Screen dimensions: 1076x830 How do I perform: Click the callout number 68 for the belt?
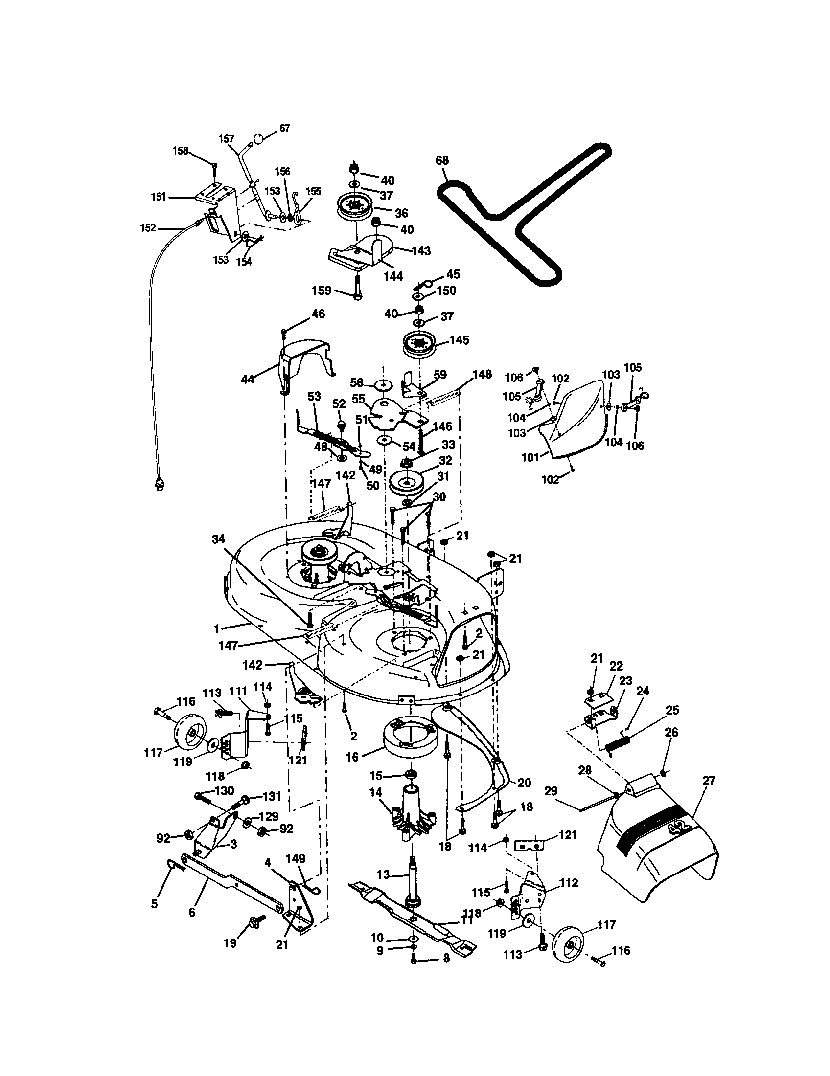click(442, 160)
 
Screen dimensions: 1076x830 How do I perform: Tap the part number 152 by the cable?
click(148, 228)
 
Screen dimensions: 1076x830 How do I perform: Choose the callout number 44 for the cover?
click(248, 380)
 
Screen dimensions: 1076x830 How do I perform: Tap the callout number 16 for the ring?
click(352, 756)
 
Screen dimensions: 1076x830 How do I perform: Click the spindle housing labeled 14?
click(412, 814)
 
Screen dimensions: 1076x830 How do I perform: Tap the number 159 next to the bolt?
click(322, 291)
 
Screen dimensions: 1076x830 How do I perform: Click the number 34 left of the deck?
click(219, 539)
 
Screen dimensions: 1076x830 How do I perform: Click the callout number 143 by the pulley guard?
click(421, 251)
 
